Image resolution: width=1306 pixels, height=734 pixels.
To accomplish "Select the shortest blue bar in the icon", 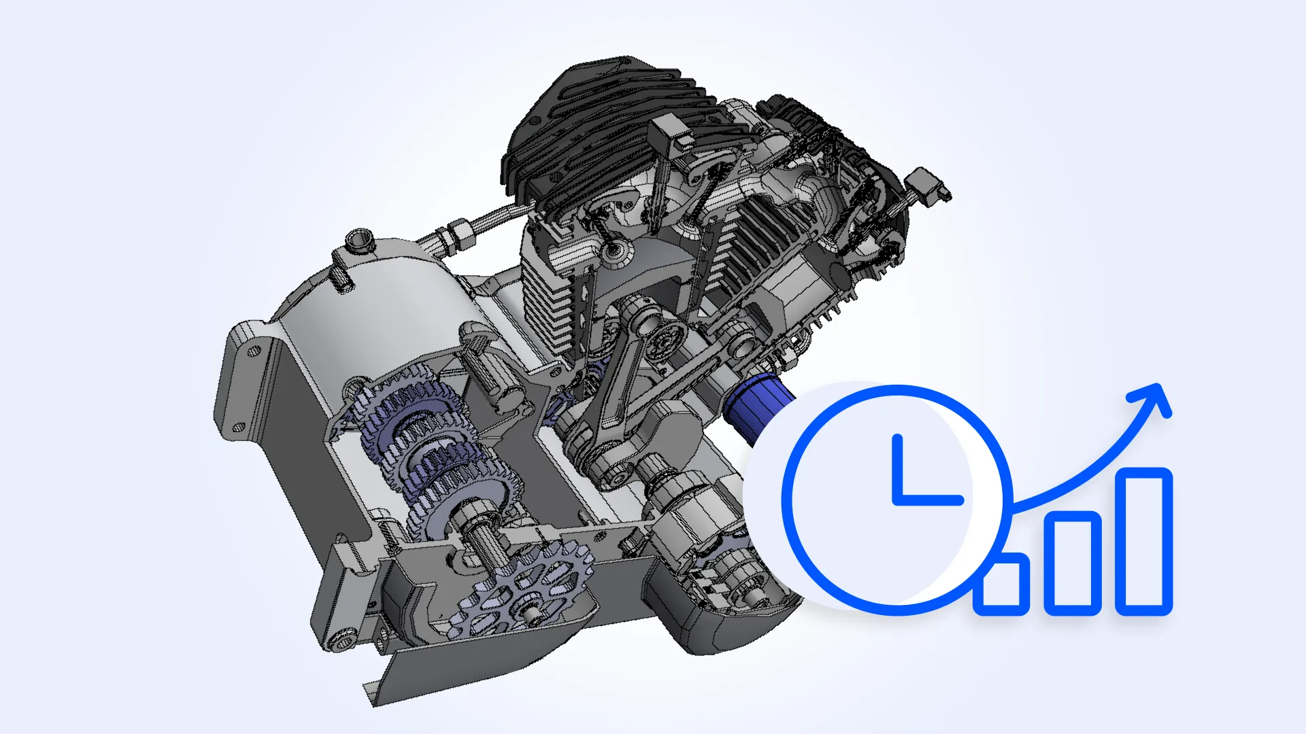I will [x=1001, y=584].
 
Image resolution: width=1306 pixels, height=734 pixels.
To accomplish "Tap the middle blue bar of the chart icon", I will [x=1072, y=563].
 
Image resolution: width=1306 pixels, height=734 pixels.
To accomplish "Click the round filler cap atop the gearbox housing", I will [x=359, y=241].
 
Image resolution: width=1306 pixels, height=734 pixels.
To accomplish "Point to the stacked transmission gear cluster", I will [x=429, y=442].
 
